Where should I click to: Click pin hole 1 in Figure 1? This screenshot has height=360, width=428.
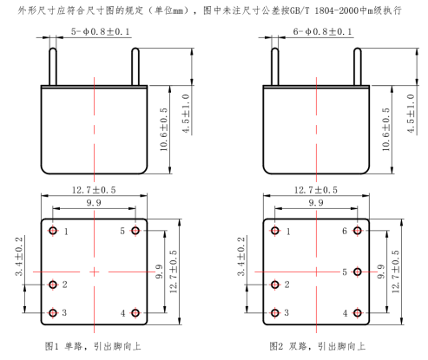point(53,231)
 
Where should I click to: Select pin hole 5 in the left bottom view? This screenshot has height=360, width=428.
point(135,231)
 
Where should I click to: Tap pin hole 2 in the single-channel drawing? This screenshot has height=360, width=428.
point(53,285)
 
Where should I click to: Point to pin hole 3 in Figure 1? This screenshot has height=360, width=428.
point(53,313)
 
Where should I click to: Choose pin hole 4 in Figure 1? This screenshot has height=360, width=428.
point(135,313)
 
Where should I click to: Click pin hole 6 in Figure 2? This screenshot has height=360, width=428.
point(358,231)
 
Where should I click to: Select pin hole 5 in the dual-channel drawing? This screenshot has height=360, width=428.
point(358,272)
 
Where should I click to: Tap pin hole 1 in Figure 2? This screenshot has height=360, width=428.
point(275,231)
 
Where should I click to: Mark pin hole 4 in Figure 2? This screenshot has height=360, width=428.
point(358,313)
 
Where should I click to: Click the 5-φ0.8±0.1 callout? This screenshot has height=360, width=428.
point(101,31)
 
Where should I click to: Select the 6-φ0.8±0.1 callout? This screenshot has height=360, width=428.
point(322,31)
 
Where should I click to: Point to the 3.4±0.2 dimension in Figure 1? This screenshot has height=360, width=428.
point(19,256)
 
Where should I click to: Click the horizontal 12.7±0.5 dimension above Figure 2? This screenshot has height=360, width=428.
point(316,190)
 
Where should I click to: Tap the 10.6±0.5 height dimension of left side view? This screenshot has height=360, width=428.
point(164,129)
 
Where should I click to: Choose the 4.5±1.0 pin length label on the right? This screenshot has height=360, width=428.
point(411,114)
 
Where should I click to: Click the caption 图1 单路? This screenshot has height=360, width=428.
point(63,346)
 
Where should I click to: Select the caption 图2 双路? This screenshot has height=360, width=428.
point(287,346)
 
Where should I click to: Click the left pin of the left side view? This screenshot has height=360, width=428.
point(53,67)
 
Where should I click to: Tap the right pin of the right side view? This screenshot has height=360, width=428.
point(358,67)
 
